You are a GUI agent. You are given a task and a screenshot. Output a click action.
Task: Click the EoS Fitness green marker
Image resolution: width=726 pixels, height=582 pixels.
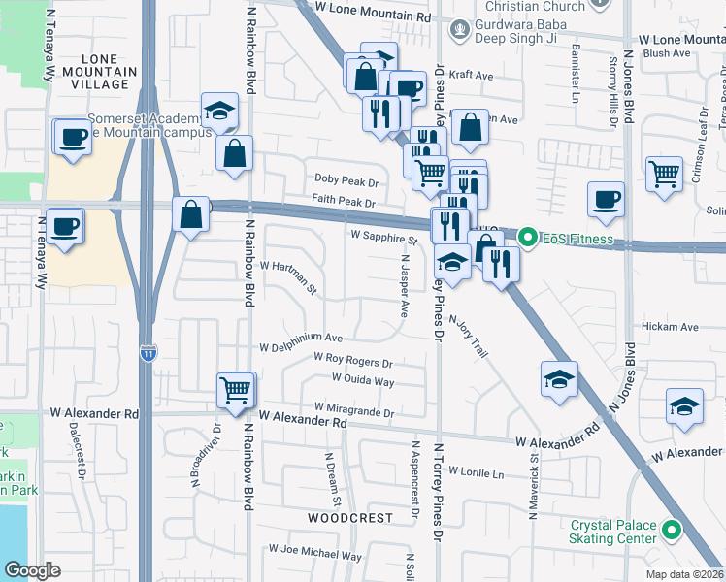pos(527,237)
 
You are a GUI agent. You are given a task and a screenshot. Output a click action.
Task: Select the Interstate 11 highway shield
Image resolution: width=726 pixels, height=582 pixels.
pos(148,354)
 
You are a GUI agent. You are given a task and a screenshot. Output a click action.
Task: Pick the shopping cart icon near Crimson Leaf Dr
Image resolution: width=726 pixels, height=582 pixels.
pos(665,175)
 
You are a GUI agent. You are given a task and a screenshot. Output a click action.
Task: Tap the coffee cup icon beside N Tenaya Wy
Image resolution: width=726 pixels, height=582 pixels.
pos(66,229)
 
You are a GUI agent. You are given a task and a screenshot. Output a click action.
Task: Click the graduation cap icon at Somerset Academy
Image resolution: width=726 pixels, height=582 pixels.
pos(219,112)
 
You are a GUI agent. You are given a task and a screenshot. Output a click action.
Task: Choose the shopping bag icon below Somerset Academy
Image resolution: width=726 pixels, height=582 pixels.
pos(235,153)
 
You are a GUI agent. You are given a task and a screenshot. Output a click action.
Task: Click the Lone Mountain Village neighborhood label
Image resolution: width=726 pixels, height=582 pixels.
pos(93,72)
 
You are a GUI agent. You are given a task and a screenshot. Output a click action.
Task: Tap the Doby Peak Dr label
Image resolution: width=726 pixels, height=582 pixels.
pos(345,180)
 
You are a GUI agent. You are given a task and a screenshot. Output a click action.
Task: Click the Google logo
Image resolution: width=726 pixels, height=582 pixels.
pos(32,570)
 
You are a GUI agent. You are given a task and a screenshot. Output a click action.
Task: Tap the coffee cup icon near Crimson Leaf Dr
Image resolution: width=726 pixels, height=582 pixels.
pos(607,199)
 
